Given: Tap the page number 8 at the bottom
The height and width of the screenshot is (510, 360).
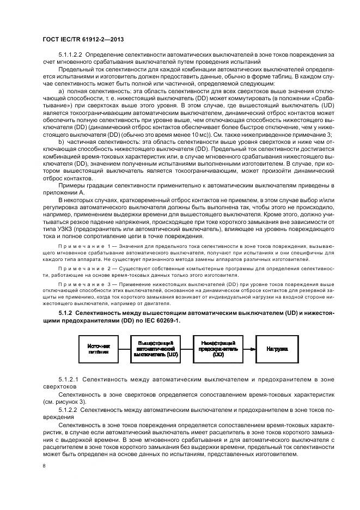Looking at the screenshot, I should tap(44, 466).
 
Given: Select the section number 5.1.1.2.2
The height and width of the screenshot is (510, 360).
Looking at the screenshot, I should tap(70, 56).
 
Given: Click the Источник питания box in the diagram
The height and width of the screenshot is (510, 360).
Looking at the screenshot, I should tap(99, 349).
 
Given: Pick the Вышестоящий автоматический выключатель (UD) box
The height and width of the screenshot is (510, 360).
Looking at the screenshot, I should tap(156, 349).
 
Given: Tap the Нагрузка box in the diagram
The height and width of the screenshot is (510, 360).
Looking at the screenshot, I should tap(277, 349).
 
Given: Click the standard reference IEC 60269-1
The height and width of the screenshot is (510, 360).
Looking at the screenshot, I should tap(163, 320).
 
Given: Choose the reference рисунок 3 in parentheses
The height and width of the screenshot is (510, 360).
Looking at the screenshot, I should tap(65, 399).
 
